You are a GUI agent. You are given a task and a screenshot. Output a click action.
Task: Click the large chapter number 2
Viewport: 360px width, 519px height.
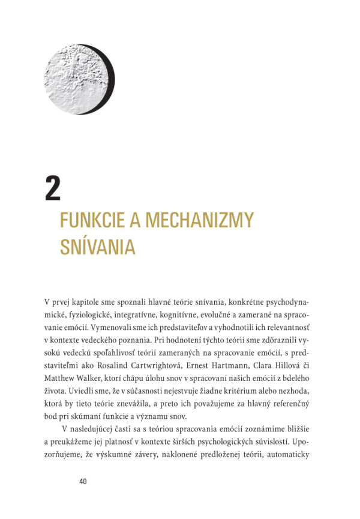click(x=53, y=188)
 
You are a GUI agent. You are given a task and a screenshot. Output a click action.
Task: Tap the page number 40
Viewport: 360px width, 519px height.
click(x=83, y=481)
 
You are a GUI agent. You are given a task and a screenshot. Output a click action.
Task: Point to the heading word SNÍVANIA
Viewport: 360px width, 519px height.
click(x=98, y=247)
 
